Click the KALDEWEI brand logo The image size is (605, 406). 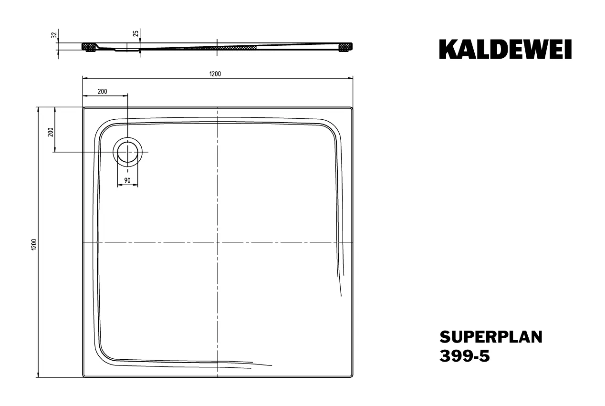(x=505, y=49)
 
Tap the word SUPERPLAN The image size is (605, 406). (x=491, y=337)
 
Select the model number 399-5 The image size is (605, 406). (x=465, y=356)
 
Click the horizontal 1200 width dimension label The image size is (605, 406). (x=215, y=74)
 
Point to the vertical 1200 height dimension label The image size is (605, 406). (x=34, y=244)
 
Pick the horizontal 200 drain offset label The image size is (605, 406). (x=103, y=92)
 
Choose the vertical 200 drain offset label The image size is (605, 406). (x=51, y=132)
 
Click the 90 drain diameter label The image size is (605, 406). (x=127, y=180)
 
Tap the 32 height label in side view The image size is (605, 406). (x=54, y=35)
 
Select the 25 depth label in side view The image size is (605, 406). (x=136, y=33)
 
